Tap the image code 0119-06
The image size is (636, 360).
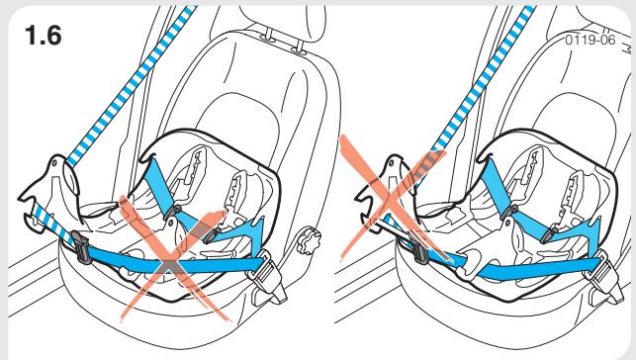[586, 44]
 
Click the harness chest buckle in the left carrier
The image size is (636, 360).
[174, 211]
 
